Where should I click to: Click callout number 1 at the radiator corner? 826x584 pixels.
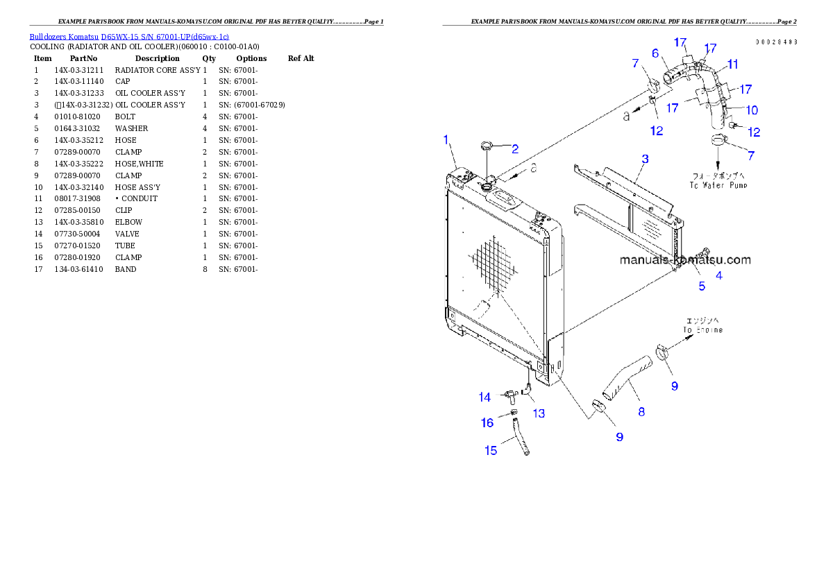click(x=447, y=139)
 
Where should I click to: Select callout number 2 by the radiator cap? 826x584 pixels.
click(x=515, y=148)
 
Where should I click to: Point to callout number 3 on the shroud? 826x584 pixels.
click(x=645, y=159)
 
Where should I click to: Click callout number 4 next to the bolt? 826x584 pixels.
click(x=719, y=275)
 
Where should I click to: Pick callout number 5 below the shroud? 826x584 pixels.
click(x=702, y=285)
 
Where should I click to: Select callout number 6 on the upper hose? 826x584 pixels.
click(x=655, y=52)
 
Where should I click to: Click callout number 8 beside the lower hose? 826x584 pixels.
click(x=641, y=411)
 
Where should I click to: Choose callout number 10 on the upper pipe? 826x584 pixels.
click(x=752, y=110)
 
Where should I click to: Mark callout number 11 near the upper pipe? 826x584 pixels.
click(x=733, y=64)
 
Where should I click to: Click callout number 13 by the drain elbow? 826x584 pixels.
click(x=539, y=413)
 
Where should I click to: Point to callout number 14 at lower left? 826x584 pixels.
click(x=484, y=397)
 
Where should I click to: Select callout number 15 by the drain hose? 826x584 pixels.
click(x=491, y=450)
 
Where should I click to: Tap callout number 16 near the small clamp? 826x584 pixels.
click(x=487, y=422)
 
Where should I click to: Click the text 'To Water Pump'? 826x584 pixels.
click(x=718, y=185)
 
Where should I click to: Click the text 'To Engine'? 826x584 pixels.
click(x=702, y=330)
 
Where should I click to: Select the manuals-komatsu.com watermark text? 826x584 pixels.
click(x=684, y=261)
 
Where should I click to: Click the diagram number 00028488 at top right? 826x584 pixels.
click(x=776, y=42)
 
